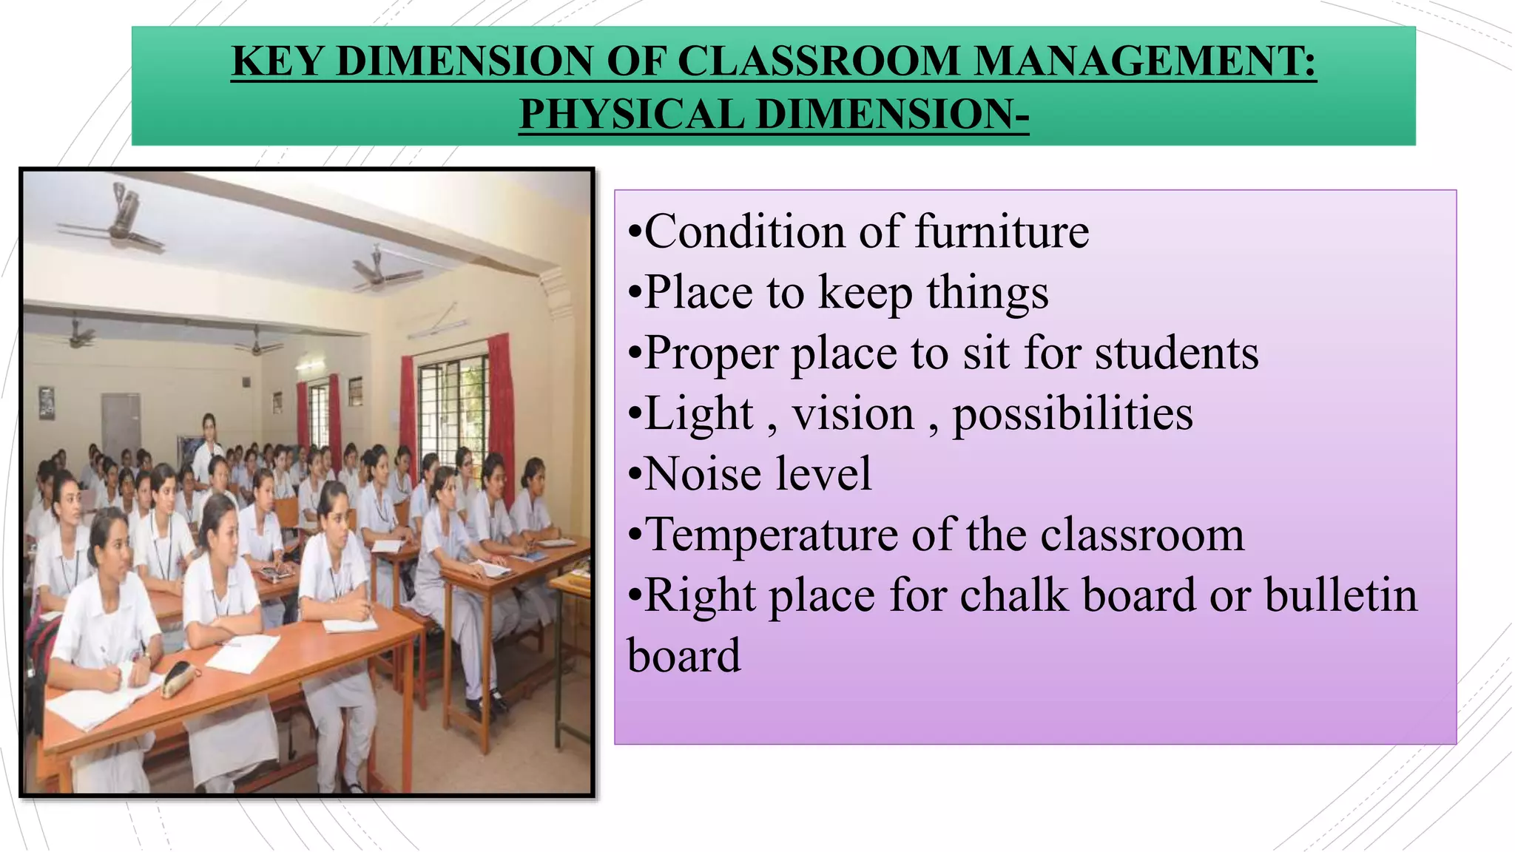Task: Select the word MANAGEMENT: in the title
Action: coord(1145,61)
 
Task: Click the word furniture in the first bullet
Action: coord(1002,231)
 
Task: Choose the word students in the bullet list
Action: coord(1176,353)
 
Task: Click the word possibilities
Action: coord(1072,413)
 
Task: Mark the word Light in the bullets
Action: coord(699,413)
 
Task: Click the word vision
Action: coord(853,413)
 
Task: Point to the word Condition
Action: coord(744,231)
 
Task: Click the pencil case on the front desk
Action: coord(180,677)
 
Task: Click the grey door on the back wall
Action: coord(121,425)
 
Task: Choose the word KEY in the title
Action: coord(277,61)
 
